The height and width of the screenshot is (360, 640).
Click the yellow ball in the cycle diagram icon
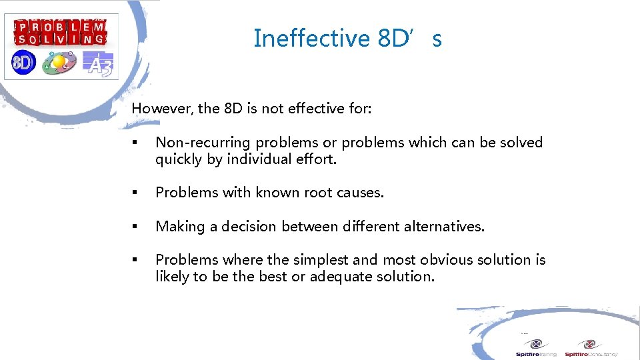pos(59,62)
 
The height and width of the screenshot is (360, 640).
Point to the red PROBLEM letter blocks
pos(61,28)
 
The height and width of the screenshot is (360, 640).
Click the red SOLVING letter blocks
pos(61,39)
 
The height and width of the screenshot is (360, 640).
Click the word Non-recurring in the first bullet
pos(203,143)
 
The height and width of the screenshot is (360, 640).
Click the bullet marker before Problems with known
pos(135,193)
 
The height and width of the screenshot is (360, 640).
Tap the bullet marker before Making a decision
pos(135,227)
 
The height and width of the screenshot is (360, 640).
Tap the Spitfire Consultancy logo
pos(591,349)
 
